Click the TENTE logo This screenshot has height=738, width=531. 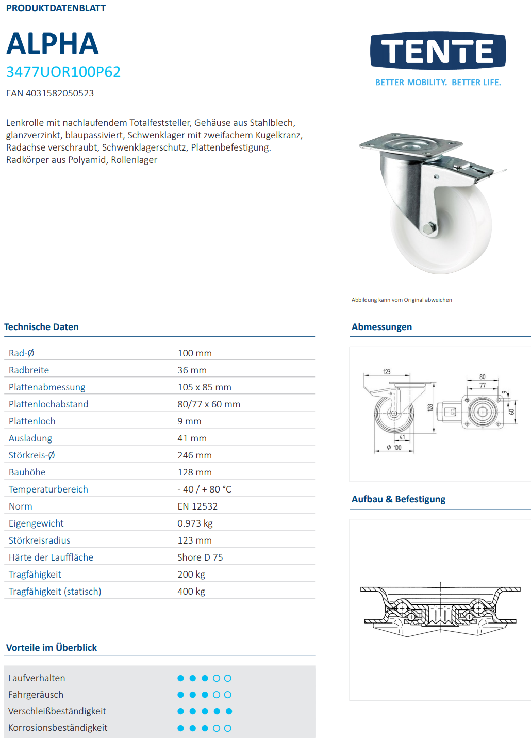coord(438,51)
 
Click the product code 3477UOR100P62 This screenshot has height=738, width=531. coord(63,72)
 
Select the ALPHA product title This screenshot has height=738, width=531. coord(52,44)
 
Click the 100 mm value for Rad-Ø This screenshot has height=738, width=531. coord(194,353)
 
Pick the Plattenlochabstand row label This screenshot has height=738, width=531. coord(48,404)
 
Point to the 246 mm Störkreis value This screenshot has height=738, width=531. coord(194,455)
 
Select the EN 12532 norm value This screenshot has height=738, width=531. coord(197,506)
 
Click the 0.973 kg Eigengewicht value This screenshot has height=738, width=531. coord(195,523)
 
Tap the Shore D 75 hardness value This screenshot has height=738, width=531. coord(200,557)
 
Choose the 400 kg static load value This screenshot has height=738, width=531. coord(191,592)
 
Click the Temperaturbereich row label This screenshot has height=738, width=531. coord(48,489)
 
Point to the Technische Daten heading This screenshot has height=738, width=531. coord(41,327)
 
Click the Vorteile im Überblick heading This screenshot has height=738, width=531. coord(52,648)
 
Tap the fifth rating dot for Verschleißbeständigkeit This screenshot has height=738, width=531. coord(229,711)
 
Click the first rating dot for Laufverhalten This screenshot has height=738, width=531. coord(180,678)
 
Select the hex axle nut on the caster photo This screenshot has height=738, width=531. coord(428,228)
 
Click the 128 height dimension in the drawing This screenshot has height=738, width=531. coord(430,407)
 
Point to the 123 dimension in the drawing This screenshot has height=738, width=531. coord(387,372)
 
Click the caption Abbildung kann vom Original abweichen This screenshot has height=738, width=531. coord(402,300)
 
